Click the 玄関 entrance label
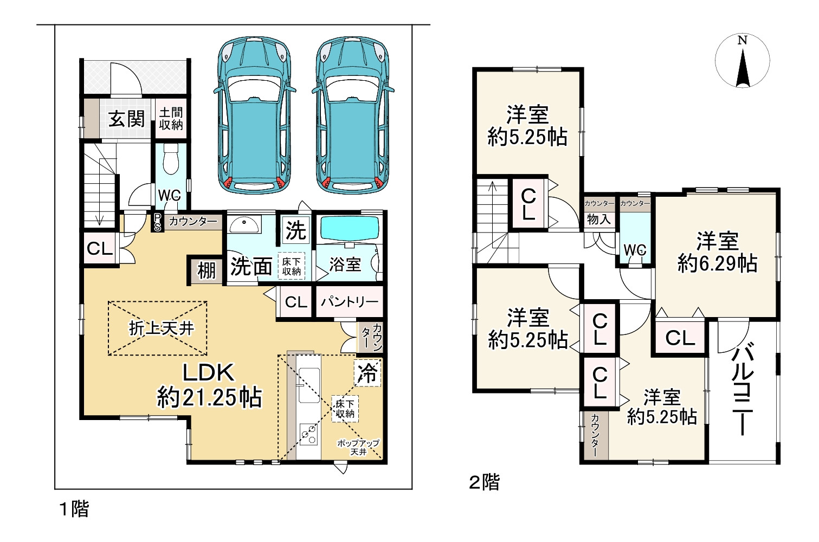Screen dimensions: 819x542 126,119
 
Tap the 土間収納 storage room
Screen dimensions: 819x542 171,119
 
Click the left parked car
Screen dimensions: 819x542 255,115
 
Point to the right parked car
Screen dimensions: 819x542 353,115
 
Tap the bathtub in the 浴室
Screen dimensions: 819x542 350,229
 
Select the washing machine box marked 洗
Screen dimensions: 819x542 296,230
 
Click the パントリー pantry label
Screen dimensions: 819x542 350,302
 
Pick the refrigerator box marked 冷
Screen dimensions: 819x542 367,373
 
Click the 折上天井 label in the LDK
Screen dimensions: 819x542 161,328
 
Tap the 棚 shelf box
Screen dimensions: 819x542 207,270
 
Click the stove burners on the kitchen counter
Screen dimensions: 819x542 309,435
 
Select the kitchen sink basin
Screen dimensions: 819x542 309,385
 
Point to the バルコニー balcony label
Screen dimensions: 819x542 743,389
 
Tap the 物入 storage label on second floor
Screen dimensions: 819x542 599,220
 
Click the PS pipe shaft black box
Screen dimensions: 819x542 157,222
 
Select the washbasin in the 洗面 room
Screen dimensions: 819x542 244,225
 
